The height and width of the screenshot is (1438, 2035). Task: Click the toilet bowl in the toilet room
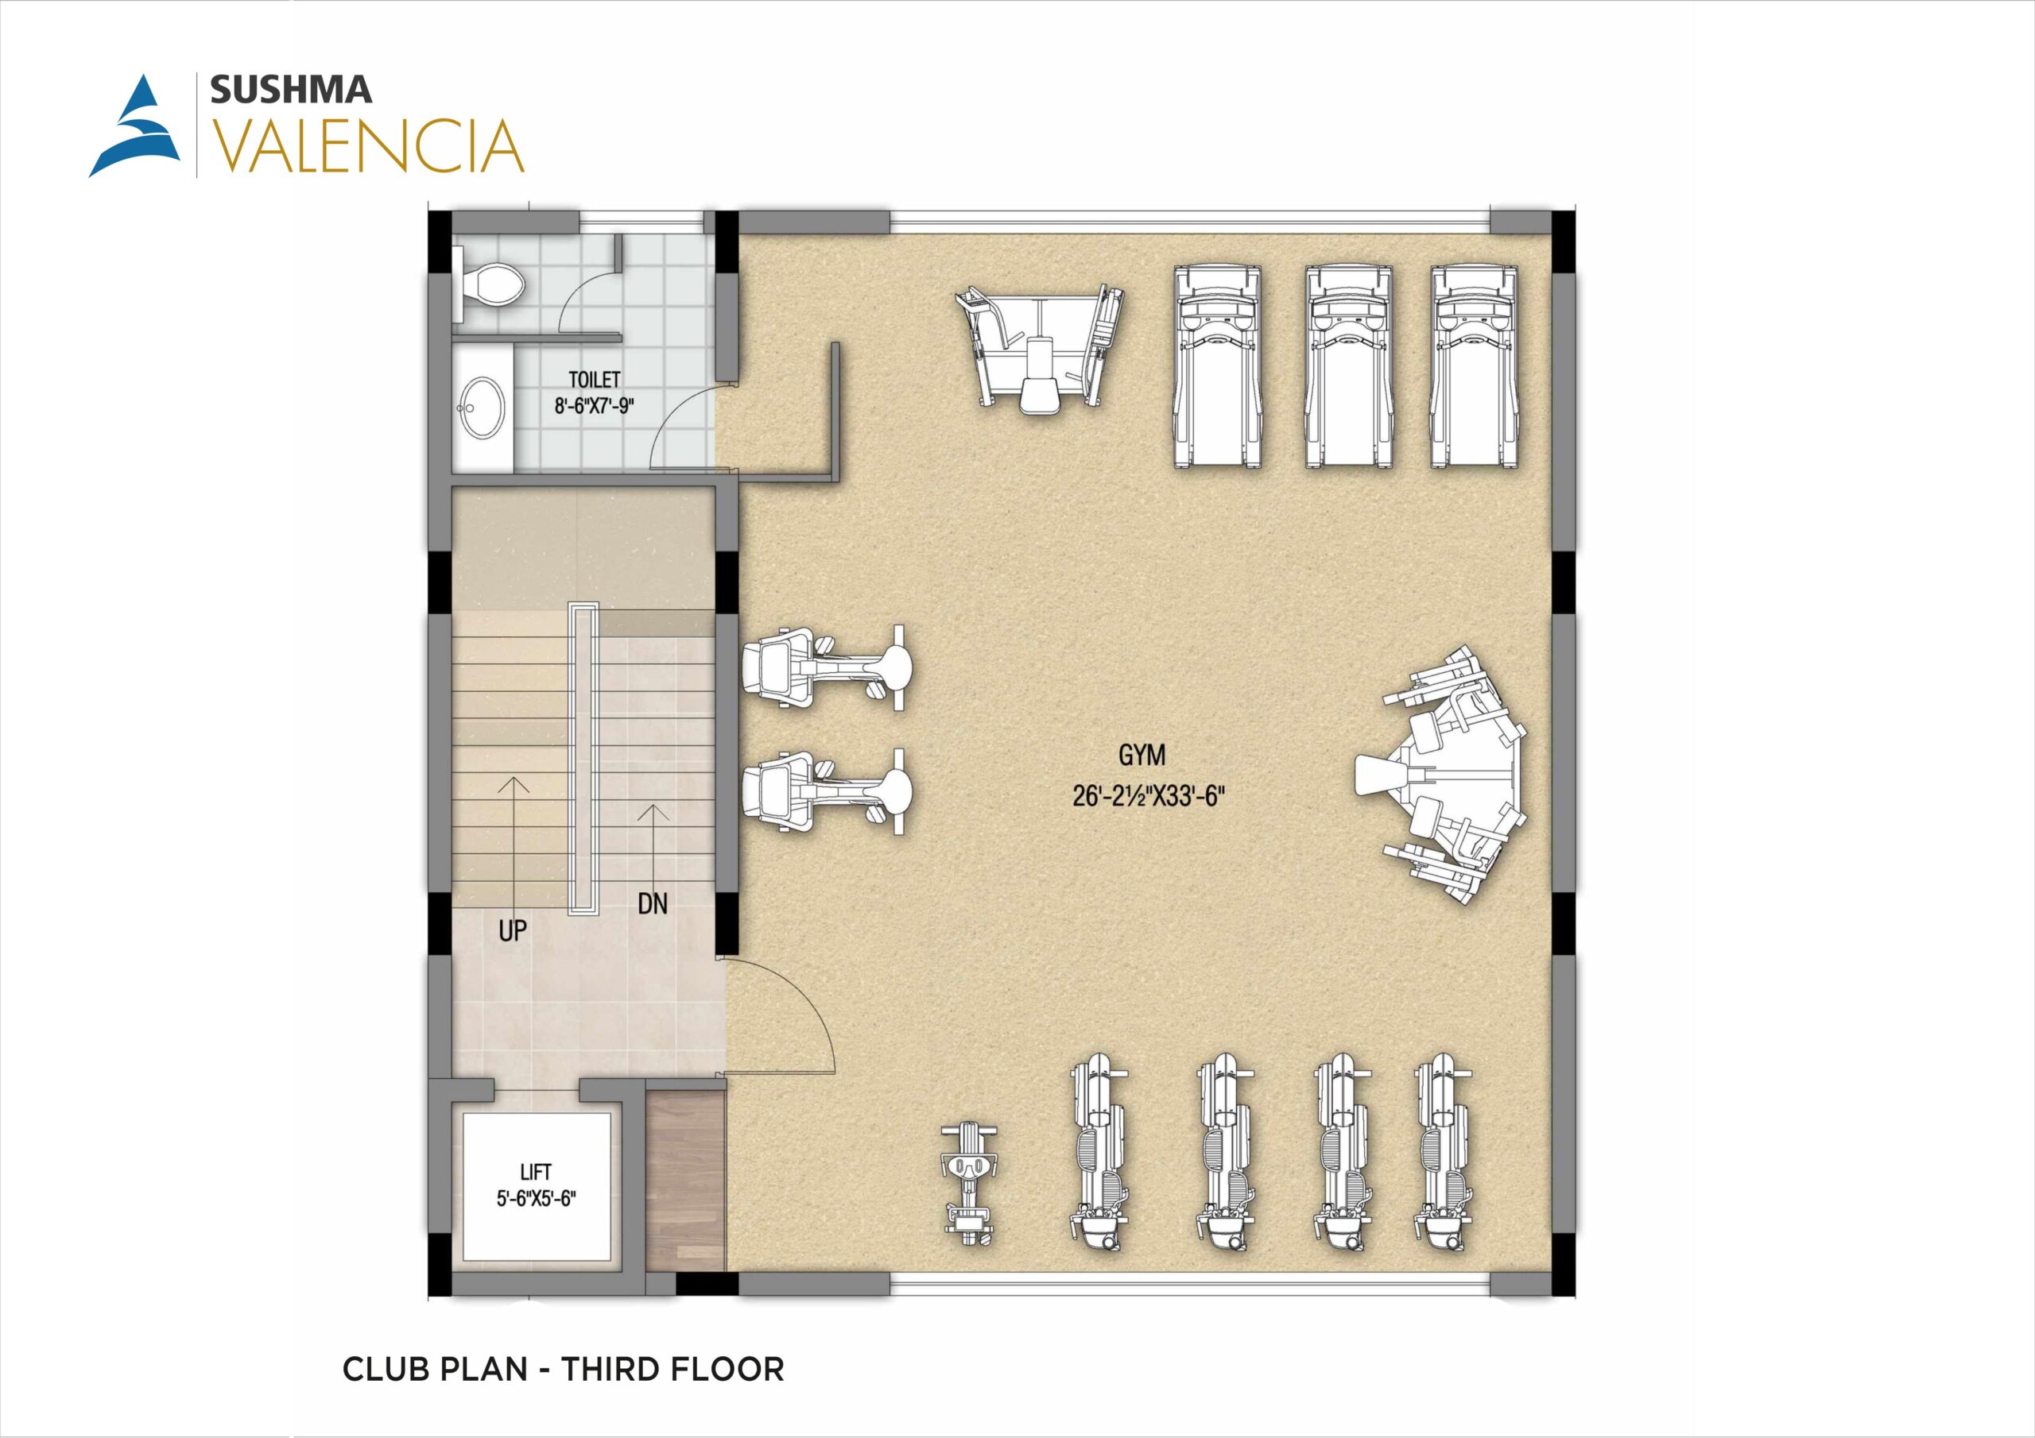coord(491,283)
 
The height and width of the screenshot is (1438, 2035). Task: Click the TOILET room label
coord(594,379)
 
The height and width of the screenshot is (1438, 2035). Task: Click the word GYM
coord(1142,755)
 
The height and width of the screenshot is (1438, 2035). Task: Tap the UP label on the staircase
coord(512,930)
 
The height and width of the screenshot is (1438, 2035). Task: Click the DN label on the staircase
coord(653,904)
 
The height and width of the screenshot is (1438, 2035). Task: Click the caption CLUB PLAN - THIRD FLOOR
coord(564,1369)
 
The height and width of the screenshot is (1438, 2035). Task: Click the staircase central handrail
coord(584,760)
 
